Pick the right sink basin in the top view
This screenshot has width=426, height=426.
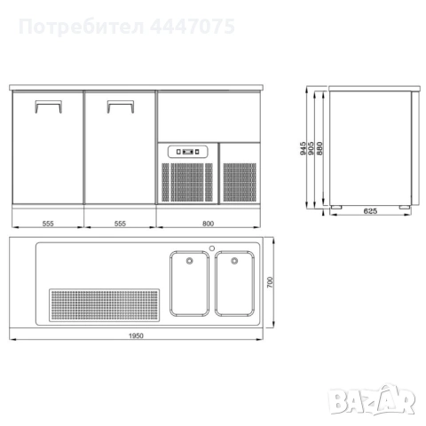[235, 284]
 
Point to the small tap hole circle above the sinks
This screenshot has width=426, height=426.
[212, 248]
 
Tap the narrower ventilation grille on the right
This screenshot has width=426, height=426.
[240, 181]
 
